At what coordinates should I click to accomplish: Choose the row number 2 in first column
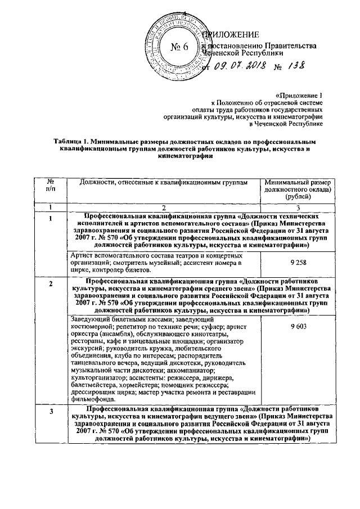pyautogui.click(x=51, y=283)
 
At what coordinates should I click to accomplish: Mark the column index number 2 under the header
pyautogui.click(x=164, y=207)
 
